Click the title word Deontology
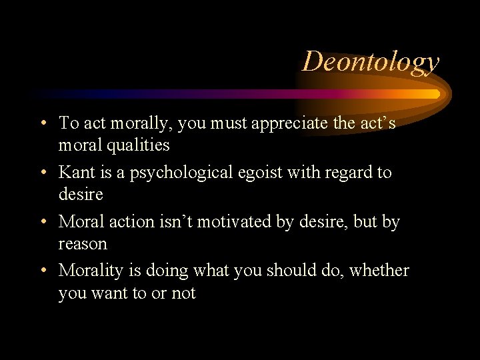point(371,61)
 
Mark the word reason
point(83,244)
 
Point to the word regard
point(346,173)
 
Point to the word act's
point(377,123)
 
